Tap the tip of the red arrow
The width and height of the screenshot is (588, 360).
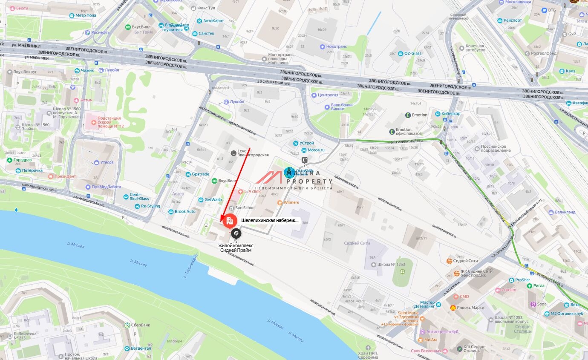coord(221,221)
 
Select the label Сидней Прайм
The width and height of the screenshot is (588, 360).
coord(236,250)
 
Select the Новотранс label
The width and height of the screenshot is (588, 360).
coord(337,46)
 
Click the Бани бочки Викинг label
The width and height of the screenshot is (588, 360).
coord(342,107)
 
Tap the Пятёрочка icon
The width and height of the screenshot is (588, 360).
coord(18,170)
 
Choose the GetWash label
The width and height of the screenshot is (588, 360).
coord(213,199)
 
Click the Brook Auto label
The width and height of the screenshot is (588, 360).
coord(185,211)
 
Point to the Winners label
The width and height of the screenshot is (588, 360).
coord(291,202)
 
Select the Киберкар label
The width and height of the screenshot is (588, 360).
coord(451,114)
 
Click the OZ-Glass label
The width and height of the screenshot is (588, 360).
coord(412,53)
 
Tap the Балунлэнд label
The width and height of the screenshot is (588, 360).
coord(565,212)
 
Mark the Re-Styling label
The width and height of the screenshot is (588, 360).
coord(150,206)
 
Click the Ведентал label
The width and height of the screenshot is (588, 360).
coord(141,348)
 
